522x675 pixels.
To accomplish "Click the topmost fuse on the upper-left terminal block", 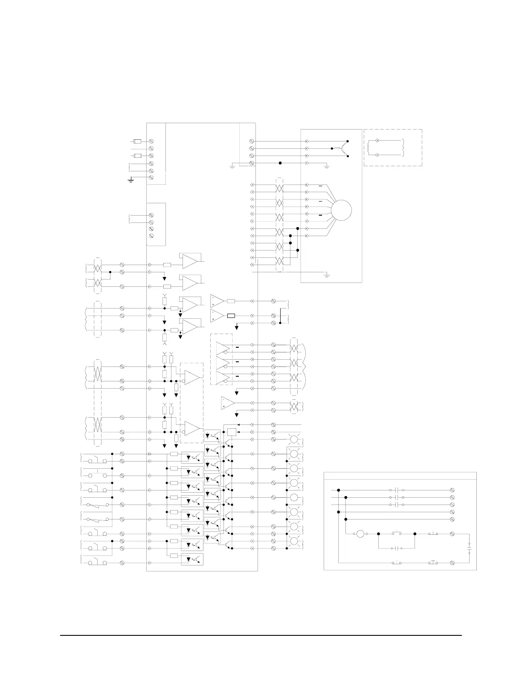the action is (x=137, y=141).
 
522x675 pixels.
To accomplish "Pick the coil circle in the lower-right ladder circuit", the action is (x=360, y=534).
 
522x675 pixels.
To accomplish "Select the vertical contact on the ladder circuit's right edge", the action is (x=470, y=548).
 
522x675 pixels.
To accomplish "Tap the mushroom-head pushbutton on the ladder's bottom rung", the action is (x=433, y=562).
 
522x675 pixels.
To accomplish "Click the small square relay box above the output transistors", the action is (x=231, y=432).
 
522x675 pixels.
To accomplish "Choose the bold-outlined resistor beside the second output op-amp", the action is (x=231, y=316).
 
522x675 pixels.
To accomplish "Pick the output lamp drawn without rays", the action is (x=294, y=497).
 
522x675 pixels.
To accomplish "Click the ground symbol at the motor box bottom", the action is (x=327, y=275).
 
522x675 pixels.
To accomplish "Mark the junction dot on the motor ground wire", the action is (x=280, y=163).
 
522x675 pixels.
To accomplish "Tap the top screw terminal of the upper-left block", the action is (x=151, y=141).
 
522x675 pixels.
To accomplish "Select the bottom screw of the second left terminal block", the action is (x=151, y=236).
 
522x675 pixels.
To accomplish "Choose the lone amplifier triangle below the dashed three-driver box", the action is (x=228, y=403).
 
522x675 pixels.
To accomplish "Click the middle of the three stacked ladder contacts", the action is (x=397, y=497).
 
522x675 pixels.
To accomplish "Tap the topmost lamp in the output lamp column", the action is (x=294, y=439).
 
